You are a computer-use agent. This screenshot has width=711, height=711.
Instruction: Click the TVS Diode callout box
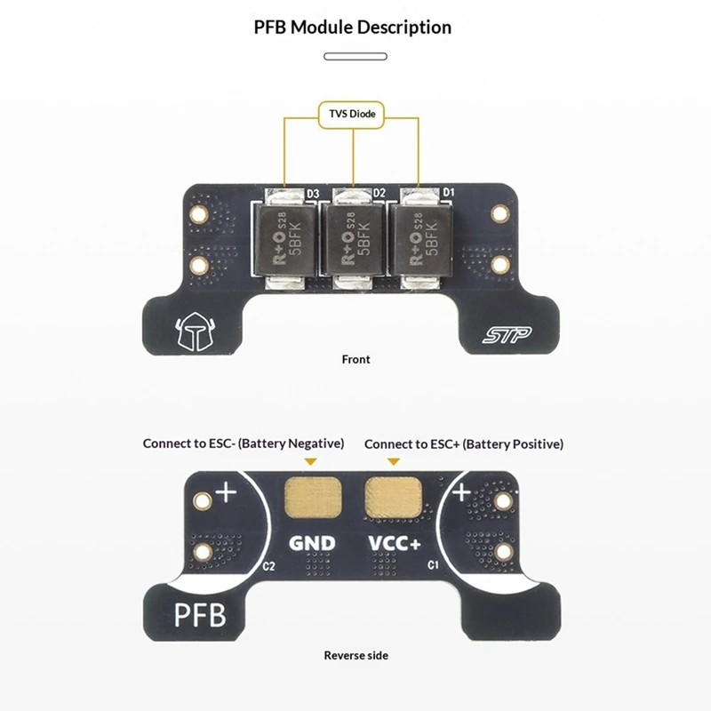(351, 115)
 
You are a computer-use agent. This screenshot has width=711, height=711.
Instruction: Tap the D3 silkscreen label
(313, 194)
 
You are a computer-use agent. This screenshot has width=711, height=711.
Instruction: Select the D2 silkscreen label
(379, 193)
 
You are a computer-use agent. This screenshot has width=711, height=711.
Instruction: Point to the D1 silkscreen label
(448, 192)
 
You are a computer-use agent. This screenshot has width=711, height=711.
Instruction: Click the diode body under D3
(284, 239)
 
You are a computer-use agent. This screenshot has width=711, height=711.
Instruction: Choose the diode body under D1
(420, 239)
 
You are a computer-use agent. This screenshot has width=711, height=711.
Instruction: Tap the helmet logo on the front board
(196, 332)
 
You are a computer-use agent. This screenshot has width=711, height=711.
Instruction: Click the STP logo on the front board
(507, 335)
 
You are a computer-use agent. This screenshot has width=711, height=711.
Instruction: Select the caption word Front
(356, 360)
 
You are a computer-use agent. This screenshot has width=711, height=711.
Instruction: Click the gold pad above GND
(313, 497)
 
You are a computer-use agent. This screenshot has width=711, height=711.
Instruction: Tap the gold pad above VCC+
(394, 497)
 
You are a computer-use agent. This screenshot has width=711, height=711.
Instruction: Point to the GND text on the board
(312, 543)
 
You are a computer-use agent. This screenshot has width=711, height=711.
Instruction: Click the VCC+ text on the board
(395, 543)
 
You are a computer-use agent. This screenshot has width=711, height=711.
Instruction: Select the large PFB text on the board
(200, 615)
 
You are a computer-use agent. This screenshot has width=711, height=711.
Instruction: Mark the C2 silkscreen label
(268, 566)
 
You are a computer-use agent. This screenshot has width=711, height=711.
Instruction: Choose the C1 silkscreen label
(433, 565)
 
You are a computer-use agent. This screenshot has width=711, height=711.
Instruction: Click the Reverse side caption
(356, 656)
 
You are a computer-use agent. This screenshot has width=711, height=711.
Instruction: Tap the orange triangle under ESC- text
(310, 461)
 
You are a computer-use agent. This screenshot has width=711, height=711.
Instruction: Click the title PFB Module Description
(353, 28)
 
